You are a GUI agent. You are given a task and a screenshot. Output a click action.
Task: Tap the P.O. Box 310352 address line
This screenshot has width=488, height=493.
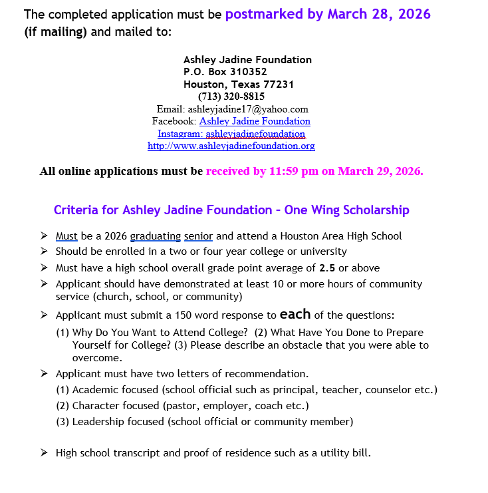click(226, 72)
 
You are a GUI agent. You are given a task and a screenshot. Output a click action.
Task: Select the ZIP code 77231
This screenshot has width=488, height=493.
click(279, 84)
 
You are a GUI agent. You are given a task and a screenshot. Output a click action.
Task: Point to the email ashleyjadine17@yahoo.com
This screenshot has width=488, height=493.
click(248, 109)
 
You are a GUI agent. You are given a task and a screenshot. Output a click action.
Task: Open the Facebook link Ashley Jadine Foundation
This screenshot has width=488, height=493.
click(255, 121)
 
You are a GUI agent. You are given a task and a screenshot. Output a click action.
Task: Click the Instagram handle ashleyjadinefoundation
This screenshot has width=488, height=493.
click(255, 134)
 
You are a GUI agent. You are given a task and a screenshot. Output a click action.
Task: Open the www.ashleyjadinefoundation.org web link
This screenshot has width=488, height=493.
click(231, 146)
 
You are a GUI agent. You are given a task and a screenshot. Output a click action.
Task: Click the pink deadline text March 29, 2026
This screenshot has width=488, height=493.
click(380, 171)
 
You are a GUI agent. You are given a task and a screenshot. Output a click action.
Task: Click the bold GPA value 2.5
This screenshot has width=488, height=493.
click(328, 268)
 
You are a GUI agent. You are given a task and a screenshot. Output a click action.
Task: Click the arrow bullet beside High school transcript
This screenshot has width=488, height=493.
click(44, 453)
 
